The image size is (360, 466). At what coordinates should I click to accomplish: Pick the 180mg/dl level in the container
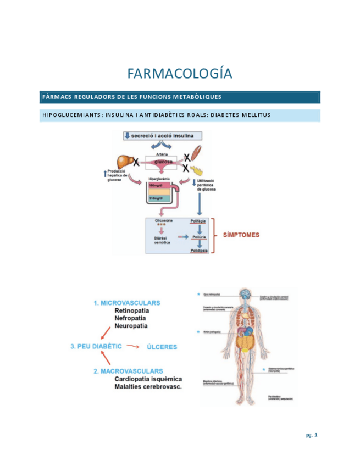coord(156,187)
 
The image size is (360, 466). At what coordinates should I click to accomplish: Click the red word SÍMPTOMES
coord(241,235)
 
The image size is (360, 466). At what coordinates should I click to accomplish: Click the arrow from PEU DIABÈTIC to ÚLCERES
coord(132,347)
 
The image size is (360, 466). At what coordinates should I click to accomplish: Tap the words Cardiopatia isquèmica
coord(148,379)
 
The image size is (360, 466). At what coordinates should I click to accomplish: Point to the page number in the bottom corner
coord(312,436)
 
